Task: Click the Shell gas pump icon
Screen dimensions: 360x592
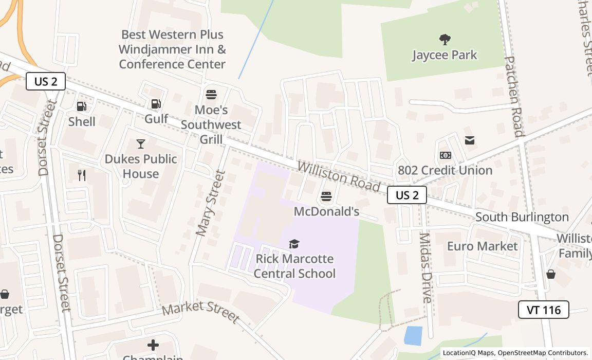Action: [x=81, y=106]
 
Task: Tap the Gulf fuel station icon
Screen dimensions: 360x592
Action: [x=156, y=104]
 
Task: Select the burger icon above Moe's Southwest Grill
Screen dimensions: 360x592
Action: [x=211, y=95]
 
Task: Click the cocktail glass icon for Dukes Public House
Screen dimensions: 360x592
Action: [x=140, y=144]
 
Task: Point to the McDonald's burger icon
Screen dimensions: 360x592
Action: [x=326, y=196]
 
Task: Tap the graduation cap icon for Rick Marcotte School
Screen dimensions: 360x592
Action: [x=294, y=244]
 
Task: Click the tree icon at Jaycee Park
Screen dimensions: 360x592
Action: [x=445, y=39]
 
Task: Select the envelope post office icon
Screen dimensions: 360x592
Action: [x=470, y=140]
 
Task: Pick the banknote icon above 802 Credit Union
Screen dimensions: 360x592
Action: [x=445, y=155]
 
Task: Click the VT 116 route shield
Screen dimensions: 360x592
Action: [x=543, y=310]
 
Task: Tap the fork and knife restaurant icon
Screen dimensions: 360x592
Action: [x=82, y=175]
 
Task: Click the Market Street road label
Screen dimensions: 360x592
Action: [x=200, y=312]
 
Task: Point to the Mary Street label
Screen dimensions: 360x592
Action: [x=211, y=203]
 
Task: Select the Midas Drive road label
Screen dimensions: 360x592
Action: [x=426, y=267]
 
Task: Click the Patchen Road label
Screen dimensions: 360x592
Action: [x=514, y=96]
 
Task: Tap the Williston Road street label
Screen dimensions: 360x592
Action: [x=338, y=176]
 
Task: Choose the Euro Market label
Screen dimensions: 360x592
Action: [x=482, y=246]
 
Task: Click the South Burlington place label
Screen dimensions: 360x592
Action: [x=522, y=217]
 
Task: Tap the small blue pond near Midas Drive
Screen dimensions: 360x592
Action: [x=413, y=336]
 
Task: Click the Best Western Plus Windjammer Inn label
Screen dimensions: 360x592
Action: [x=172, y=49]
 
